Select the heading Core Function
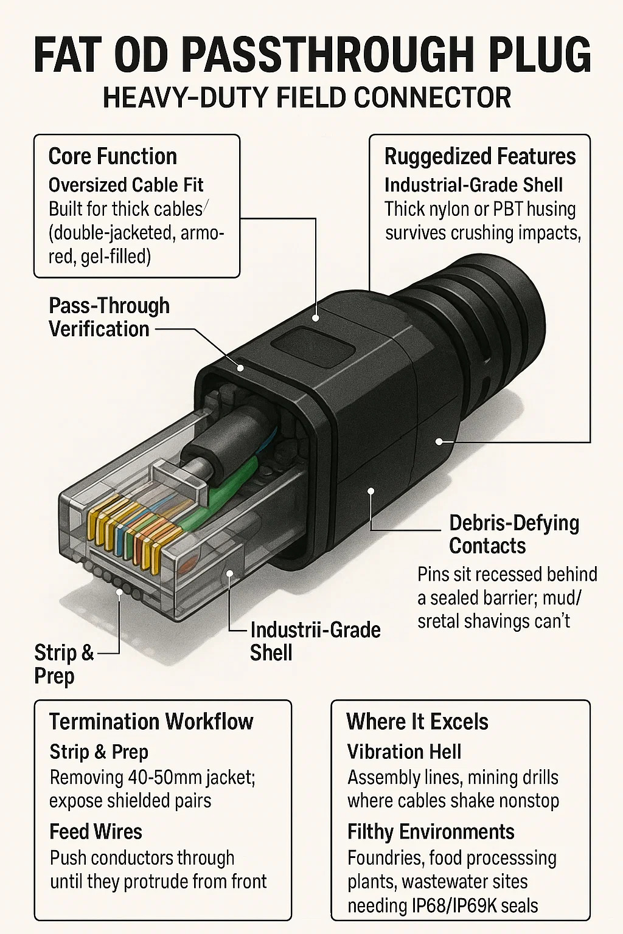(x=113, y=156)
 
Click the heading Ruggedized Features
(x=479, y=156)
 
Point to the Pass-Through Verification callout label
(x=109, y=317)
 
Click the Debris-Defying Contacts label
(x=513, y=534)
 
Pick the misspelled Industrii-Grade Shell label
(x=315, y=641)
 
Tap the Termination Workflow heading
(x=151, y=721)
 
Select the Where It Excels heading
(x=417, y=721)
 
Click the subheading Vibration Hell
(x=404, y=752)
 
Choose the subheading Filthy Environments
(x=431, y=831)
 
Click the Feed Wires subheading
(x=96, y=831)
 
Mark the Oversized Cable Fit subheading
(x=126, y=185)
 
